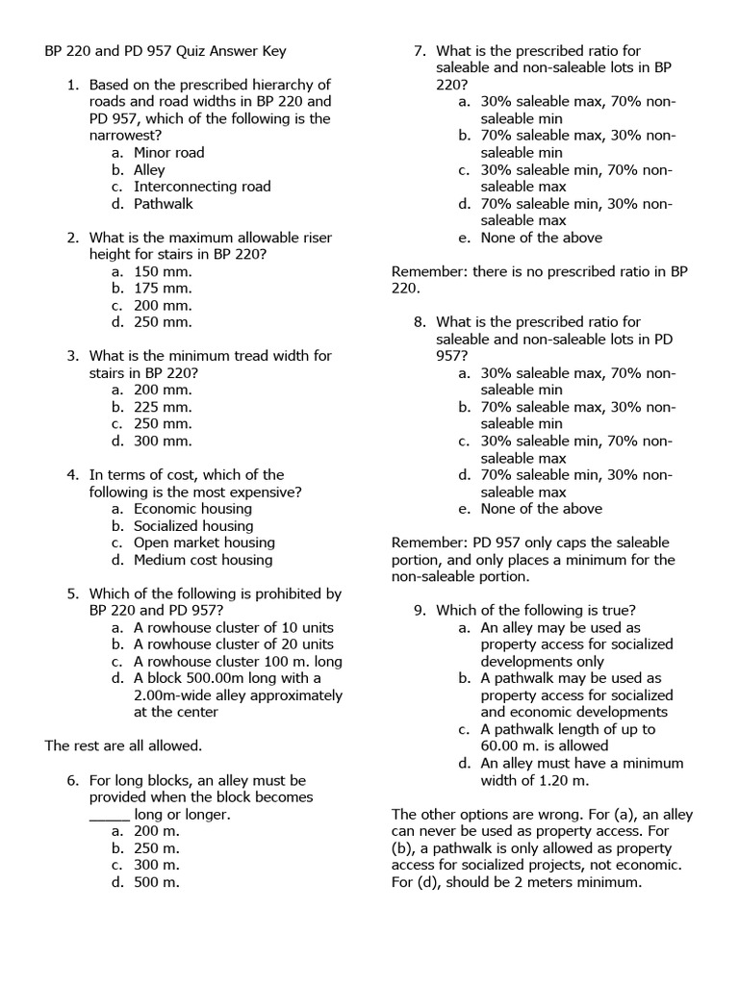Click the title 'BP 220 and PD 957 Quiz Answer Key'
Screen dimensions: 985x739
coord(166,51)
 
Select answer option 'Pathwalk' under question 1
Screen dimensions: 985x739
coord(163,204)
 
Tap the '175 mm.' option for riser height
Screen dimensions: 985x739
coord(163,289)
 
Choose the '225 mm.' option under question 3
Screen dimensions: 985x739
coord(163,407)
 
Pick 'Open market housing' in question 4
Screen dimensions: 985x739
coord(203,543)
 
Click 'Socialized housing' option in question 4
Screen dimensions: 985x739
coord(193,526)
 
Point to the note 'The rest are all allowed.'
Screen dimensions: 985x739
coord(123,745)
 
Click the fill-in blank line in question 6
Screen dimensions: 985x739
coord(109,815)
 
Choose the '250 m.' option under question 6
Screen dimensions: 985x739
coord(157,848)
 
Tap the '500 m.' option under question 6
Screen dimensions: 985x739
coord(157,882)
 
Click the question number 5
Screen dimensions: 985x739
coord(72,594)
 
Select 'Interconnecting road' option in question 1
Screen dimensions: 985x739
coord(202,187)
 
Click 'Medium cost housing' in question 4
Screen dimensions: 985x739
coord(203,560)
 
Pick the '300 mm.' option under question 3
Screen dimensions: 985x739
coord(163,441)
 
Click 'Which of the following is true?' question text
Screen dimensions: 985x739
coord(535,611)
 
